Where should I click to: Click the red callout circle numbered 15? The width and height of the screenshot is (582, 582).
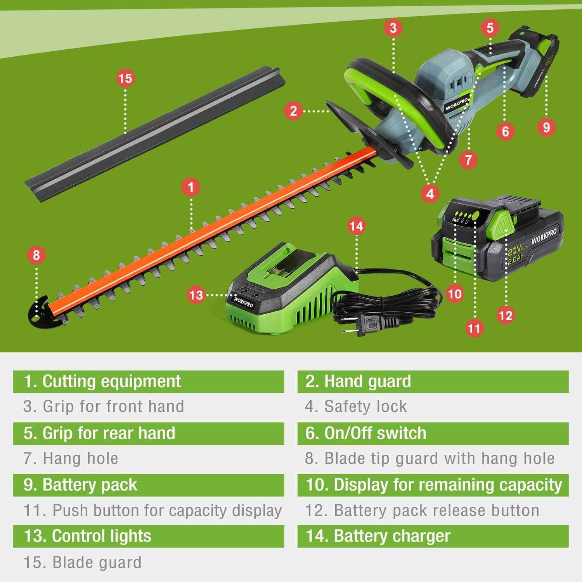click(x=125, y=78)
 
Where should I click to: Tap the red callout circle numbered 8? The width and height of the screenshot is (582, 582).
click(x=36, y=255)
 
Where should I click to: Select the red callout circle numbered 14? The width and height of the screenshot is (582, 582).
click(x=356, y=226)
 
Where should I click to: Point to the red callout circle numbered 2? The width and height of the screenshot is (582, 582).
click(x=293, y=111)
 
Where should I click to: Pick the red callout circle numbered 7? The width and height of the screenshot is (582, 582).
click(x=468, y=160)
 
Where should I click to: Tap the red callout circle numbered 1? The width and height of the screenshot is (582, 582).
click(x=191, y=187)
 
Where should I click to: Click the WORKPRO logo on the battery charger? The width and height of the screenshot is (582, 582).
click(x=243, y=301)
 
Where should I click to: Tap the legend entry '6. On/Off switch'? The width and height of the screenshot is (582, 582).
click(x=365, y=433)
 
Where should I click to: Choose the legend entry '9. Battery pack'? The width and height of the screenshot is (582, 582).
click(x=80, y=485)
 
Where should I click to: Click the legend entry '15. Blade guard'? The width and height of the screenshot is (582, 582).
click(x=83, y=562)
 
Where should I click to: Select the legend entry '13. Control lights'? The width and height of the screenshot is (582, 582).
click(x=87, y=536)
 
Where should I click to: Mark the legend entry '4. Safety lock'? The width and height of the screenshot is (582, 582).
click(x=356, y=407)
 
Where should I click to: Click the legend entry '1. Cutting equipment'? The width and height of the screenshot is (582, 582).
click(x=102, y=381)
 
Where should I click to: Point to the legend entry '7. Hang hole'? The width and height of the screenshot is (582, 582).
click(x=71, y=459)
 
